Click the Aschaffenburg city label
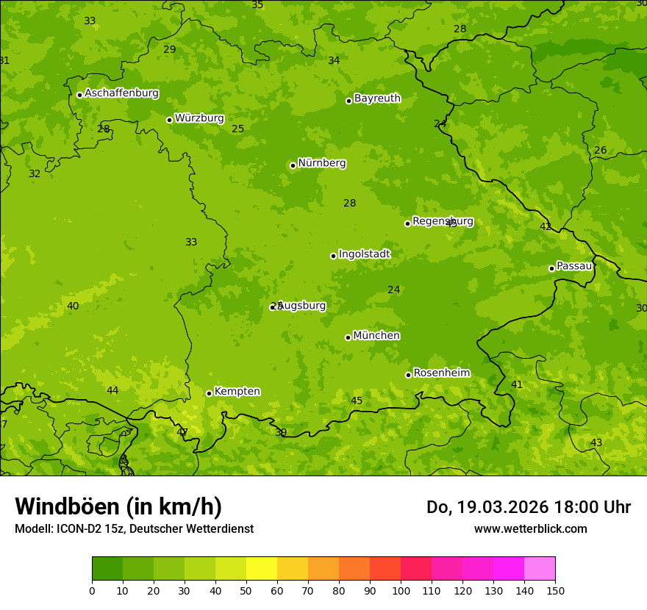coord(121,93)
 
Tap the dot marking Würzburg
coord(169,120)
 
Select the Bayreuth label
coord(377,98)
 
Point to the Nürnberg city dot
coord(293,165)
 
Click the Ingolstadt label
coord(364,254)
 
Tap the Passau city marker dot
coord(551,268)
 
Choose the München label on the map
coord(376,336)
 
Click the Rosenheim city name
coord(441,373)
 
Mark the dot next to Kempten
coord(209,393)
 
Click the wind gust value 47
coord(182,432)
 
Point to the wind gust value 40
coord(73,306)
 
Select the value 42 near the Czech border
coord(546,226)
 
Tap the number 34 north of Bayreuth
coord(334,60)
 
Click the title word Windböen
coord(67,506)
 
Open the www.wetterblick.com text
coord(530,528)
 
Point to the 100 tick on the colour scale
coord(401,590)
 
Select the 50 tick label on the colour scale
coord(246,590)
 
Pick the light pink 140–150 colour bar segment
coord(540,568)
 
